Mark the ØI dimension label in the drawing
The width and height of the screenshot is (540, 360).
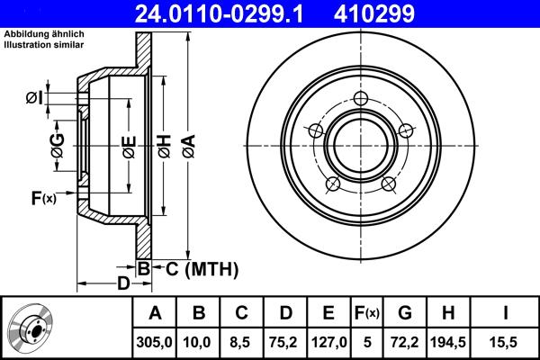point(34,97)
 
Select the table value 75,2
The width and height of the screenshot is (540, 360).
point(285,343)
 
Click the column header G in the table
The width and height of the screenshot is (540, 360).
point(404,314)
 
